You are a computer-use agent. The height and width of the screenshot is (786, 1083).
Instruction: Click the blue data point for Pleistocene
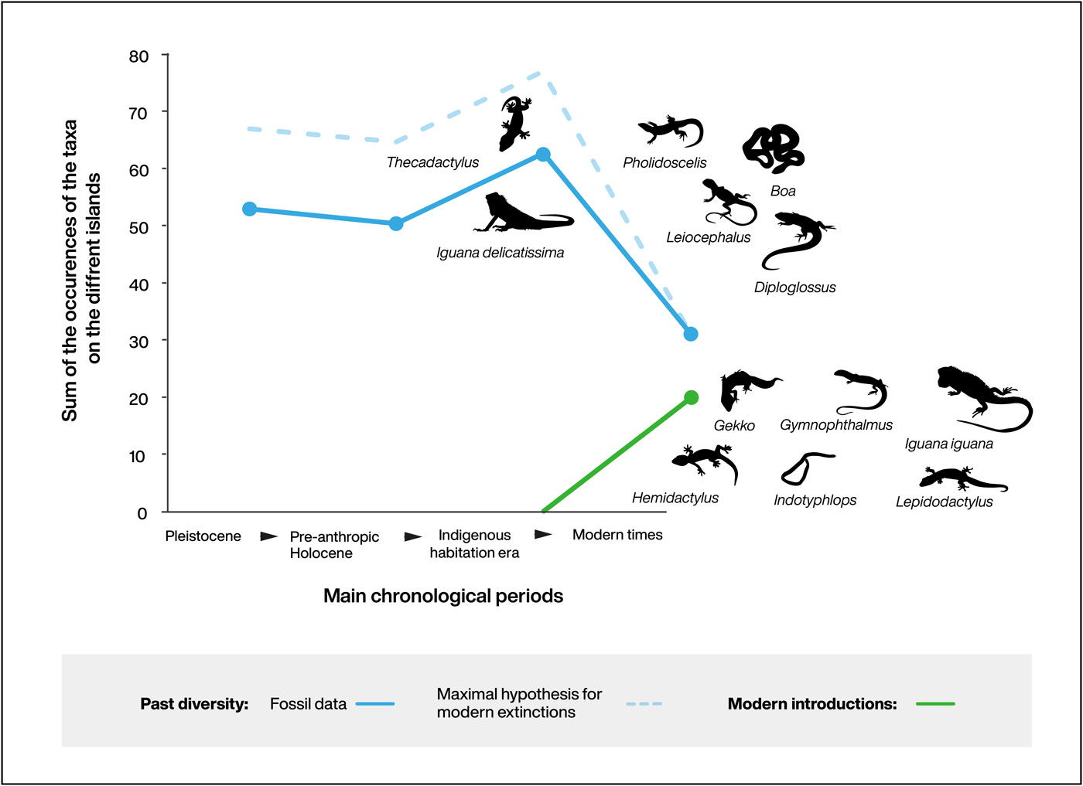click(249, 209)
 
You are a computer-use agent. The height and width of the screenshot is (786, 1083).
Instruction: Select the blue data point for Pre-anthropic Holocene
click(396, 223)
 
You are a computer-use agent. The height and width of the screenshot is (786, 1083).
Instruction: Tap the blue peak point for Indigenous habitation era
click(543, 155)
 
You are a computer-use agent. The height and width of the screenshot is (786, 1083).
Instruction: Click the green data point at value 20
click(692, 397)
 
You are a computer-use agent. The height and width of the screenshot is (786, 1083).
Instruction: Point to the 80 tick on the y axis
click(139, 56)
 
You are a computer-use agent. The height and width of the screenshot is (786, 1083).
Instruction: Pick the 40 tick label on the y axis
click(139, 284)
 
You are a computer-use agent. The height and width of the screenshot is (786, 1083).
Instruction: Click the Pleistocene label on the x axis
click(203, 536)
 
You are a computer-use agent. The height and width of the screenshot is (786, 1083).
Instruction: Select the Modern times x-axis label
click(617, 534)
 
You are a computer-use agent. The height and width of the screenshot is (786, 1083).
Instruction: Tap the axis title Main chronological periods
click(443, 596)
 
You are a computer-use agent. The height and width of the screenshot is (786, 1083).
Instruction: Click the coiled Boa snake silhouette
click(774, 148)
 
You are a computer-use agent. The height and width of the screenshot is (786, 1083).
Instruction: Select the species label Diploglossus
click(794, 288)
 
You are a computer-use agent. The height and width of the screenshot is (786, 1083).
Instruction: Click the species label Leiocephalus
click(708, 237)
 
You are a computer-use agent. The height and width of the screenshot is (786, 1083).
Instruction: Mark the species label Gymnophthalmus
click(835, 425)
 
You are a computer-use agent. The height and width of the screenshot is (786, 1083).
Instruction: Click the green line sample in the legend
click(935, 704)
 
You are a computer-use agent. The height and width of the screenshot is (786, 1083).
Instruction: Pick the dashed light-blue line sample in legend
click(644, 704)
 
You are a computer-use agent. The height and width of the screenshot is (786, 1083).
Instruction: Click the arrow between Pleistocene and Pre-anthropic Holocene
click(268, 536)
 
